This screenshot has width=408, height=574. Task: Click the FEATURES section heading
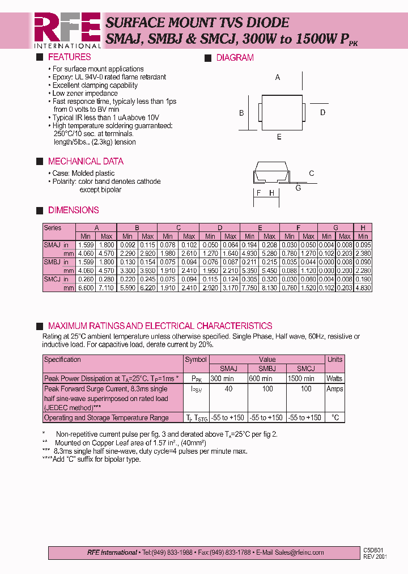click(69, 57)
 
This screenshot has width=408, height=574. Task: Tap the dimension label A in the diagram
click(278, 77)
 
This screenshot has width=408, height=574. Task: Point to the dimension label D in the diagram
click(322, 112)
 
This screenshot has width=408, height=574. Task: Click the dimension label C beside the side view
click(311, 174)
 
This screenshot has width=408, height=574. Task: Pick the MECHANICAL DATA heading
click(85, 161)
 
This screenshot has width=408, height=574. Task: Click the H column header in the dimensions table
click(363, 228)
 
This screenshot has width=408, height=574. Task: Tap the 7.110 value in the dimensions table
click(107, 288)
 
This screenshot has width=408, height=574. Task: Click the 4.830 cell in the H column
click(363, 288)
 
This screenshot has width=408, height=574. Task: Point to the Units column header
click(334, 359)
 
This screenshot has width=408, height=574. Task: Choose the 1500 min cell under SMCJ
click(301, 378)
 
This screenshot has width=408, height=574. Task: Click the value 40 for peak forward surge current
click(228, 389)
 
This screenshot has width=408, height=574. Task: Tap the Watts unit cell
click(334, 378)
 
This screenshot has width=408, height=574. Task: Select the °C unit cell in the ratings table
click(334, 417)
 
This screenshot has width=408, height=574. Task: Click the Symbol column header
click(196, 359)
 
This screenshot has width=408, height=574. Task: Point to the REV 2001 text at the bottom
click(376, 556)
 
